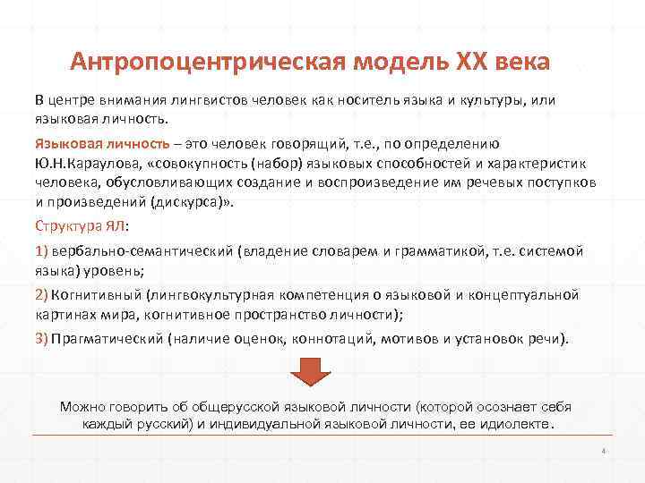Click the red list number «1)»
coord(42,250)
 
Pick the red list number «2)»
coord(42,294)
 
